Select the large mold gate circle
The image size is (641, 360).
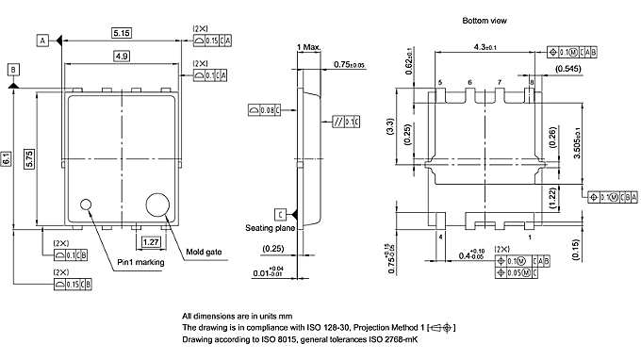click(156, 203)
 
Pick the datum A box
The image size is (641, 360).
click(42, 40)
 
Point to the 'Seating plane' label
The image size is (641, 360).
click(271, 228)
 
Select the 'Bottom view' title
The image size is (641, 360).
click(486, 20)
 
